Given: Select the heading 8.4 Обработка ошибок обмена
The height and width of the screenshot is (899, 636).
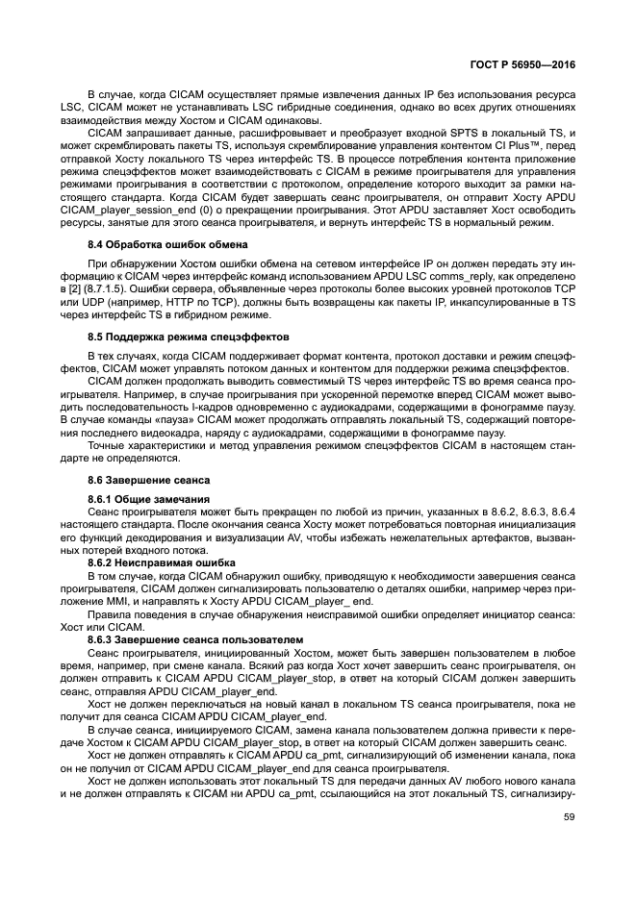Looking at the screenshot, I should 167,246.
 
